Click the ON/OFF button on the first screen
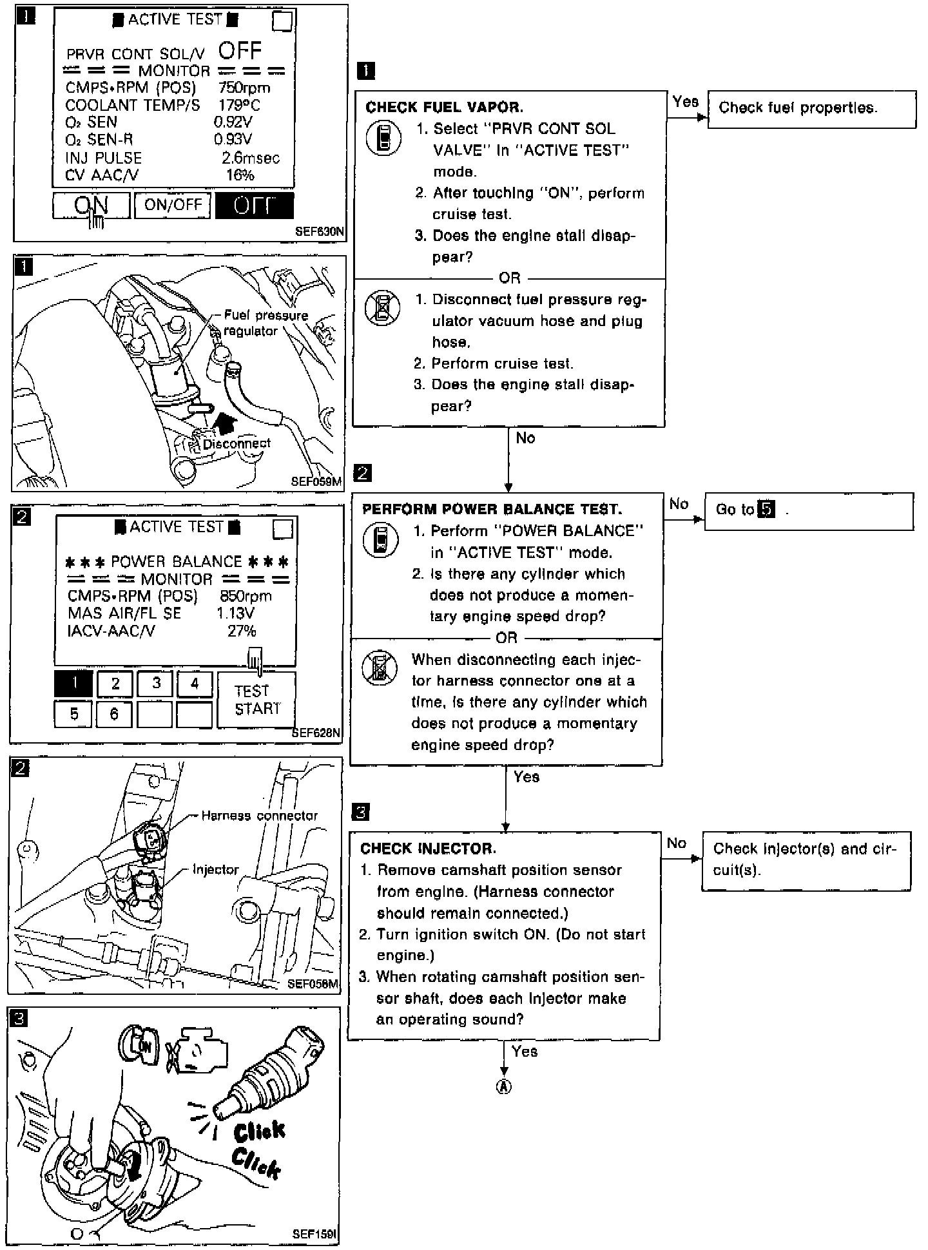(173, 205)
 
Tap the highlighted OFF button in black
(254, 206)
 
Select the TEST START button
(256, 700)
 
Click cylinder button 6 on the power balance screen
(114, 715)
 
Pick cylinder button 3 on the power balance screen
(155, 684)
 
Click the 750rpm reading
(244, 88)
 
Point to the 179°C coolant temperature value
(238, 105)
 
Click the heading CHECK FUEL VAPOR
(444, 108)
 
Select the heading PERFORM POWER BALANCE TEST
(492, 510)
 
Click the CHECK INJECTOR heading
(428, 849)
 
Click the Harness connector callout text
(259, 816)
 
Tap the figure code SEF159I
(314, 1234)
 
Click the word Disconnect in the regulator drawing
(237, 443)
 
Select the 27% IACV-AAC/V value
(242, 631)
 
